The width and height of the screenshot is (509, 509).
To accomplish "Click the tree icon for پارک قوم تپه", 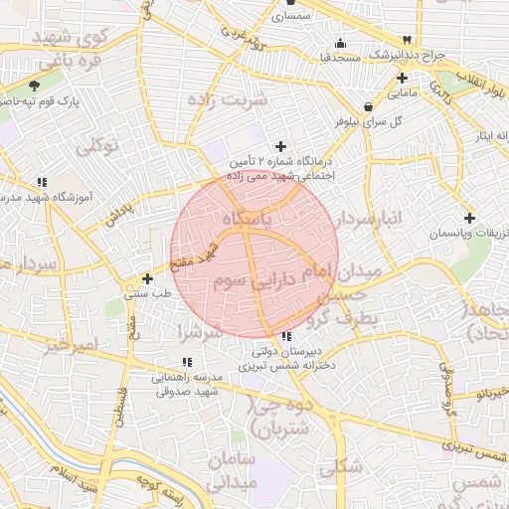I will pyautogui.click(x=36, y=86).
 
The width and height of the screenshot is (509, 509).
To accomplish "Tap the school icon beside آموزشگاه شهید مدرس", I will pyautogui.click(x=41, y=182).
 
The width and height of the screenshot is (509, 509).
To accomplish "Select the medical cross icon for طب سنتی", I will pyautogui.click(x=148, y=279).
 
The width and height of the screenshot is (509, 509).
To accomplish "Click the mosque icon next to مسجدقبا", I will pyautogui.click(x=342, y=43).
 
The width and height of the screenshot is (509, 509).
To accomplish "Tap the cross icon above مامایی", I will pyautogui.click(x=402, y=78).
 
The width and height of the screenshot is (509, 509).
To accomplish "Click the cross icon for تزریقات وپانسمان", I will pyautogui.click(x=469, y=218).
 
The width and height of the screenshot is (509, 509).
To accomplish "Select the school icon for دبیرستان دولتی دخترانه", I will pyautogui.click(x=287, y=336).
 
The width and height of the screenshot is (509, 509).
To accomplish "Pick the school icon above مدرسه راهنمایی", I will pyautogui.click(x=186, y=363).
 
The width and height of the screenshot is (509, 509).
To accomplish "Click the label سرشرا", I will pyautogui.click(x=199, y=330).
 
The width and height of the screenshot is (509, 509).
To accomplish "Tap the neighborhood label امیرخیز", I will pyautogui.click(x=71, y=347).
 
